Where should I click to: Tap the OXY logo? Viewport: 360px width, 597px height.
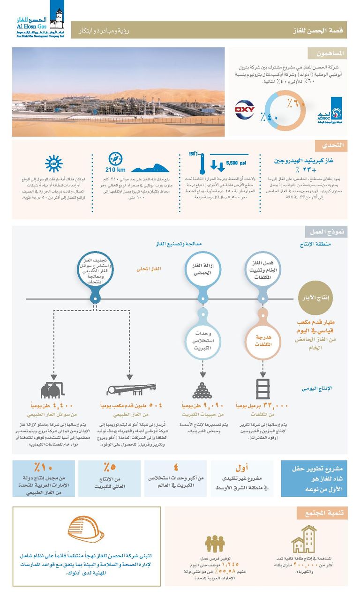(x=244, y=111)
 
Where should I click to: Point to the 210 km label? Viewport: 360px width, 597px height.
(x=115, y=170)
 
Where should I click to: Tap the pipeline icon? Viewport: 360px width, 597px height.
(x=131, y=389)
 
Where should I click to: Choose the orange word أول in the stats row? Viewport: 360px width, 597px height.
(x=241, y=468)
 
